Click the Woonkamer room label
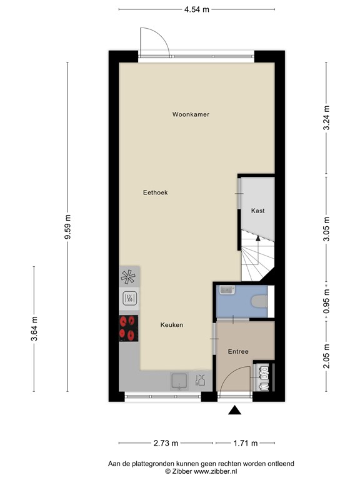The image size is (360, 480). [191, 114]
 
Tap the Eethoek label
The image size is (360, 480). [155, 192]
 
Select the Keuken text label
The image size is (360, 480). [171, 324]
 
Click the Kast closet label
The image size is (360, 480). [257, 211]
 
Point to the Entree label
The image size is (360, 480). [238, 352]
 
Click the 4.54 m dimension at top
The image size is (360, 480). [196, 9]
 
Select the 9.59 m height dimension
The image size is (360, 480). [68, 231]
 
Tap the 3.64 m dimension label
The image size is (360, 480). [34, 329]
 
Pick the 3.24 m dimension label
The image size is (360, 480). [325, 117]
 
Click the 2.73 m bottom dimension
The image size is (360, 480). [166, 443]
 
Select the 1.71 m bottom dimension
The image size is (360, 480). [246, 443]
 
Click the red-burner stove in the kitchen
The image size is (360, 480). [129, 327]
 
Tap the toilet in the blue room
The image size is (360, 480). [258, 302]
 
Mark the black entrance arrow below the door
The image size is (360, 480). [235, 410]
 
